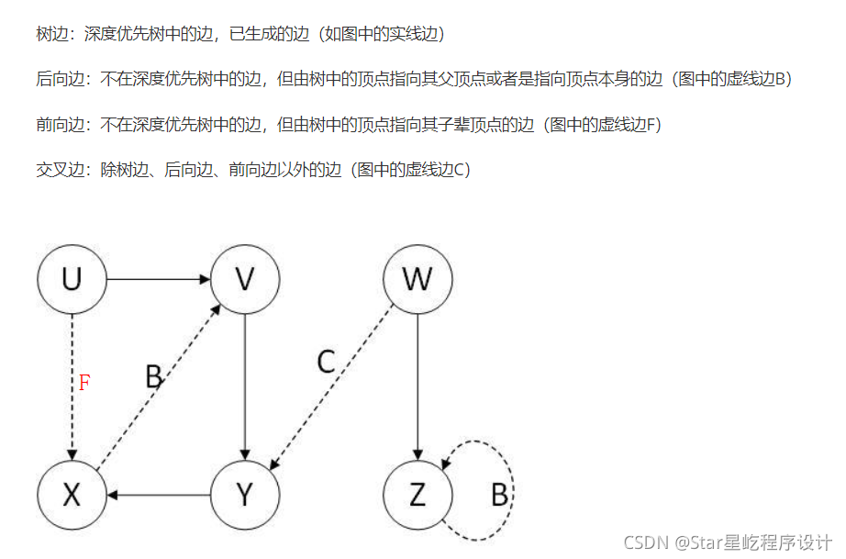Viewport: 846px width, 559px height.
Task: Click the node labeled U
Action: (x=72, y=279)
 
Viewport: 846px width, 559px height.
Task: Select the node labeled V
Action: (x=245, y=279)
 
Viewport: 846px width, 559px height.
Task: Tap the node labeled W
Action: (x=417, y=279)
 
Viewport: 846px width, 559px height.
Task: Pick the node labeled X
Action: (x=72, y=496)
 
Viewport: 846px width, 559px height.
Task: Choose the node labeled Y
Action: (x=245, y=496)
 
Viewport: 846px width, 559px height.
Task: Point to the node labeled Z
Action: (x=417, y=496)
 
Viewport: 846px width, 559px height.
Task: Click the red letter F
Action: (x=83, y=383)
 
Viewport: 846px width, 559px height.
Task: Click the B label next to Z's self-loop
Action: (x=499, y=496)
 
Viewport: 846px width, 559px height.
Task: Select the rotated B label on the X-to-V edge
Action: (x=153, y=376)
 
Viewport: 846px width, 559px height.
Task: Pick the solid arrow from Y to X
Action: (x=158, y=496)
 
